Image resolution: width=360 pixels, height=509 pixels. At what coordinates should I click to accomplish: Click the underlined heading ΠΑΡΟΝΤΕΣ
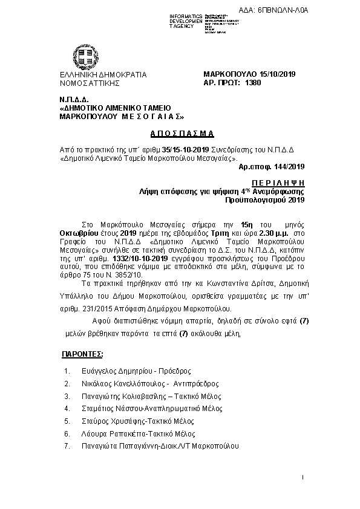coord(82,352)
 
